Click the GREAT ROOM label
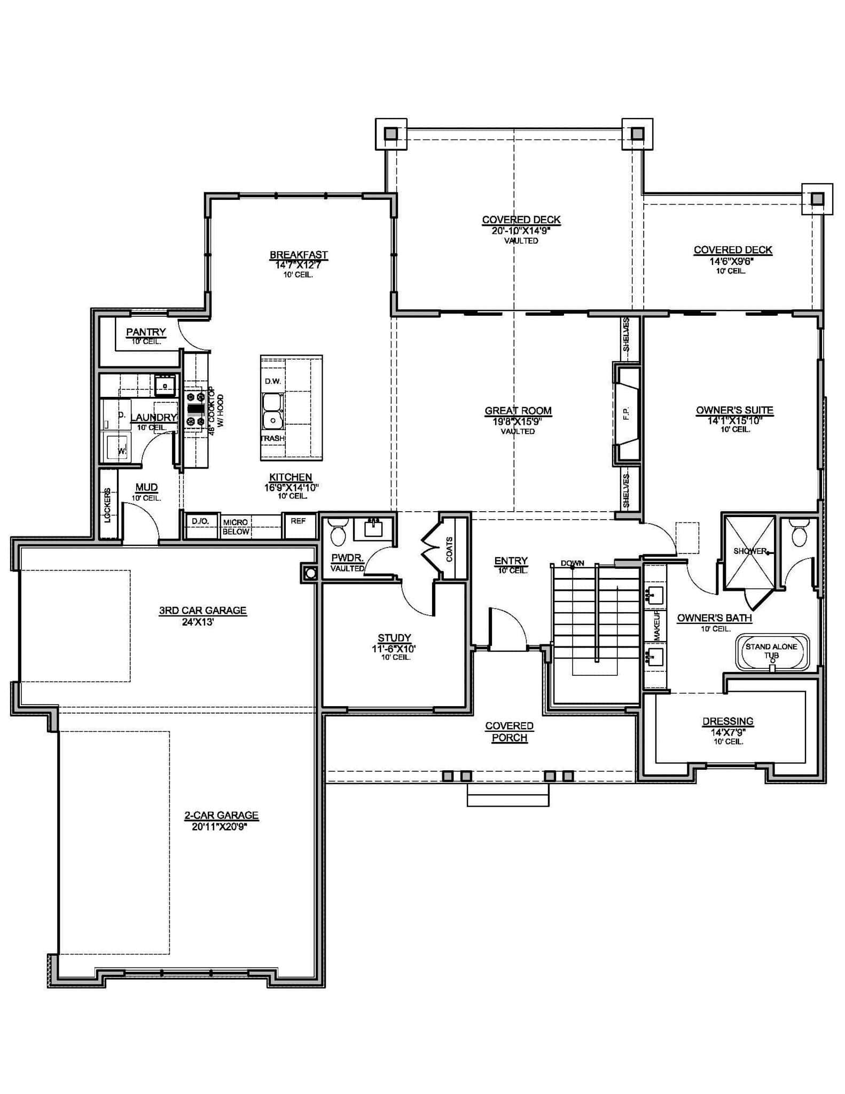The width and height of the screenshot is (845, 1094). pos(518,410)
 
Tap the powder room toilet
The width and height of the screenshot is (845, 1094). pos(338,531)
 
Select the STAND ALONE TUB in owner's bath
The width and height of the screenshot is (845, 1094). pos(772,651)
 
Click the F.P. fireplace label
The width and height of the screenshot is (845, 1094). pos(626,413)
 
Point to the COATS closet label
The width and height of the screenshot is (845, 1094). pos(450,549)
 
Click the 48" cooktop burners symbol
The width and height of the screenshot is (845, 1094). pos(194,409)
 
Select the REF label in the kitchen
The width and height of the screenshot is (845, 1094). pos(298,521)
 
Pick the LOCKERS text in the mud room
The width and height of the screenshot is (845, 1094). pos(107,505)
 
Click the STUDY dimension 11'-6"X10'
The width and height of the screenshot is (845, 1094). pos(394,648)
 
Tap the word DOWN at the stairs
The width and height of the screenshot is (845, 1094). pos(572,563)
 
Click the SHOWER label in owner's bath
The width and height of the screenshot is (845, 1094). pos(750,551)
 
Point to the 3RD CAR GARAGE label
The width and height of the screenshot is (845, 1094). pos(202,610)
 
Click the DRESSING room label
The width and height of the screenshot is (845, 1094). pos(727,721)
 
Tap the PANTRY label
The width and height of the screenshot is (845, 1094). pos(146,332)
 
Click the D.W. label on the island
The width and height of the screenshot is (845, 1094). pos(272,381)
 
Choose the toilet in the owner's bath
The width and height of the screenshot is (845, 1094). pos(799,534)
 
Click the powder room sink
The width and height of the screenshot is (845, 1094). pos(374,528)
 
